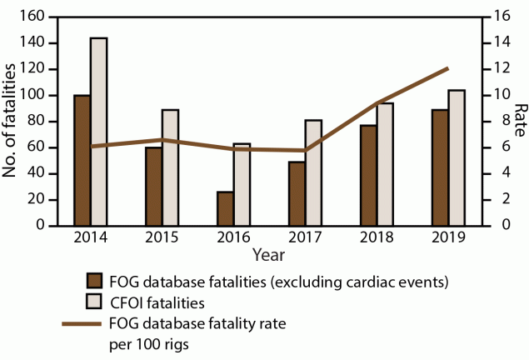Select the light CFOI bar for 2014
click(98, 132)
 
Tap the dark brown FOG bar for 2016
click(225, 208)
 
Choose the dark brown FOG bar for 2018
click(368, 175)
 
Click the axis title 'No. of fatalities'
click(12, 122)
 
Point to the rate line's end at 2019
click(448, 68)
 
